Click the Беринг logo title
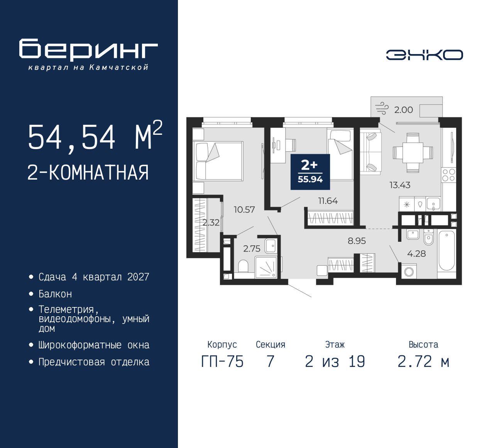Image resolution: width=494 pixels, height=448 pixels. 88,49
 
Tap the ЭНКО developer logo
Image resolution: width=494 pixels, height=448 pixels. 424,55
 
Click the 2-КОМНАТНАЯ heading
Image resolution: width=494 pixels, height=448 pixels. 88,173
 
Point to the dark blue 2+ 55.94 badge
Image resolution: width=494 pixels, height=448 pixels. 310,172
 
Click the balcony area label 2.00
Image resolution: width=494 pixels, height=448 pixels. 403,110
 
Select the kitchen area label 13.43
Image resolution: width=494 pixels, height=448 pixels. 399,185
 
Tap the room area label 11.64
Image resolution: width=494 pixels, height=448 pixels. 328,201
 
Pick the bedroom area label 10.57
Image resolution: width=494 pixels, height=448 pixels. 244,210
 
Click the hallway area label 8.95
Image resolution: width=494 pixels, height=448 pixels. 357,241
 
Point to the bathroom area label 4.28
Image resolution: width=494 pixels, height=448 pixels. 416,254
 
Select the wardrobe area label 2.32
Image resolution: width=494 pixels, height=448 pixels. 211,222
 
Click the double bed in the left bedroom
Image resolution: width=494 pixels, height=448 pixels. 219,161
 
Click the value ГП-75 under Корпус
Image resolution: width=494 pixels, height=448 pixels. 222,362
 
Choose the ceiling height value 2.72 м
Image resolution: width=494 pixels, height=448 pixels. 423,362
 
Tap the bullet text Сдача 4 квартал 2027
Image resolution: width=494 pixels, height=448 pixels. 94,277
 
